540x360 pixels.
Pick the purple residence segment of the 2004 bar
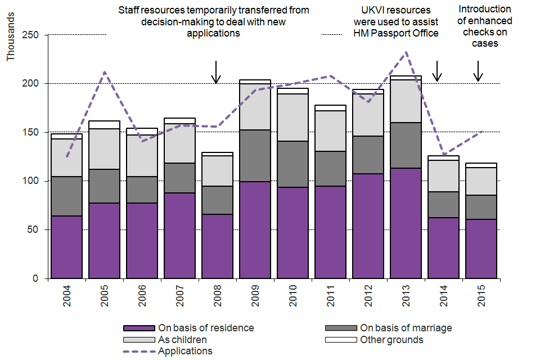(x=66, y=247)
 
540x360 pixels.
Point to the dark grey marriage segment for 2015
(x=481, y=207)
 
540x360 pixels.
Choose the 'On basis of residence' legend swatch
(x=138, y=328)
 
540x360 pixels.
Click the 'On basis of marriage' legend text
(x=406, y=328)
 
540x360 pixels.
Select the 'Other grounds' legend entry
(x=391, y=340)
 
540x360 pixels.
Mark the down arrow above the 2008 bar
(x=215, y=72)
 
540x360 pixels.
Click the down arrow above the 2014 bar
(x=437, y=70)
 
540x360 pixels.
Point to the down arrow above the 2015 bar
(x=478, y=70)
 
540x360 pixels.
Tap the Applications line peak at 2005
(x=105, y=72)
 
